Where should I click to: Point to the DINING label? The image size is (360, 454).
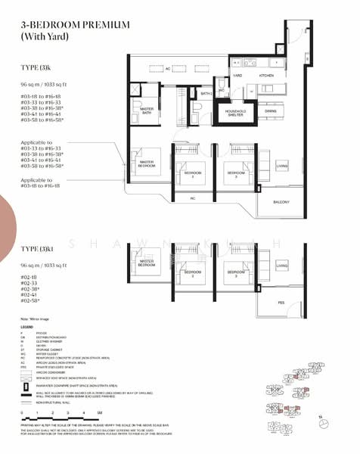coord(270,110)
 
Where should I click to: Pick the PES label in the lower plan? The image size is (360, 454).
coord(281,302)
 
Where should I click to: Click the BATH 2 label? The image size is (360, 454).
coord(206,94)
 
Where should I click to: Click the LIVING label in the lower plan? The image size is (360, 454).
coord(281,266)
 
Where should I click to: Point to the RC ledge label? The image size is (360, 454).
coord(193,198)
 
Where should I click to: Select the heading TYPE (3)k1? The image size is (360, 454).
coord(38,248)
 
